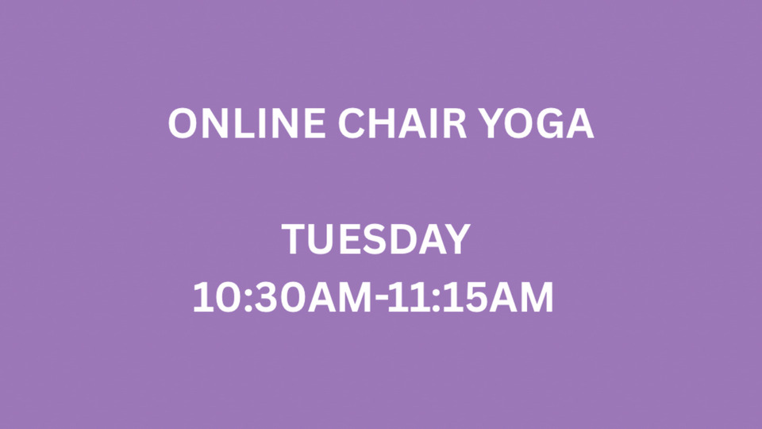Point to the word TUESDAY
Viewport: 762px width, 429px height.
click(x=376, y=240)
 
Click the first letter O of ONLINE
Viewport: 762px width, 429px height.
click(x=183, y=125)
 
